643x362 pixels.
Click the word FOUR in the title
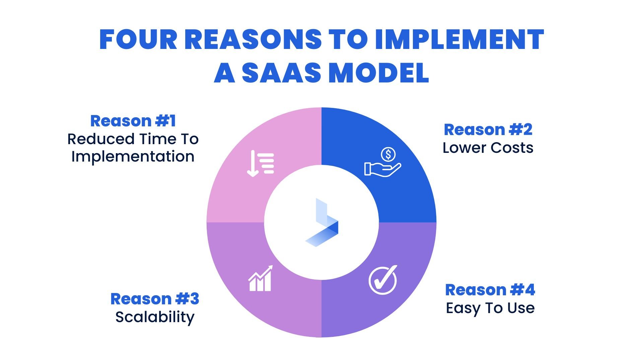click(138, 40)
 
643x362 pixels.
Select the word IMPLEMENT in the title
click(459, 40)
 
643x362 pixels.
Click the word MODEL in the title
click(379, 73)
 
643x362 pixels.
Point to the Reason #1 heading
click(133, 121)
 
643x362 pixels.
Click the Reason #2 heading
click(488, 130)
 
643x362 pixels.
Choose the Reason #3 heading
click(155, 299)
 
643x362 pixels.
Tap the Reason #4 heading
click(490, 290)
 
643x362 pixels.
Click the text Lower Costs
click(488, 148)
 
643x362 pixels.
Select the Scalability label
click(155, 317)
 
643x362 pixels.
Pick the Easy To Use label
click(490, 308)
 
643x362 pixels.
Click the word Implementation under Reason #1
click(133, 157)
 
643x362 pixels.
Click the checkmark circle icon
click(383, 280)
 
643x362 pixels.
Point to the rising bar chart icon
click(261, 279)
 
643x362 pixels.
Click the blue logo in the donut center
click(321, 223)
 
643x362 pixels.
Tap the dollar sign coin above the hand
click(388, 155)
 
